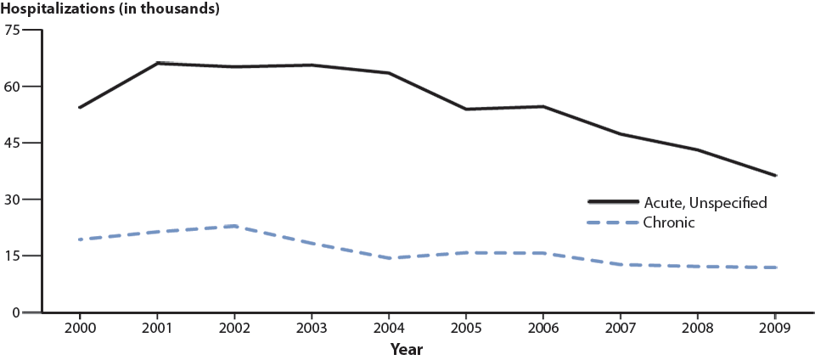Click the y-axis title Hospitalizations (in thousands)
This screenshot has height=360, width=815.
111,9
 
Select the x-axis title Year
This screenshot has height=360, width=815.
406,349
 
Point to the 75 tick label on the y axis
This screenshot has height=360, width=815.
11,30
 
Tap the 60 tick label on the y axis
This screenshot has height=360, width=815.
11,86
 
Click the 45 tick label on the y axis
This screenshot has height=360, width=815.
11,143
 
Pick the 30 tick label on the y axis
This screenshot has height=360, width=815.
11,200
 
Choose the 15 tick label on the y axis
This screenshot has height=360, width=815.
11,256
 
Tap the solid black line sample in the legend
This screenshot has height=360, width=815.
614,202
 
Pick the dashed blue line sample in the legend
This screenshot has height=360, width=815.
614,222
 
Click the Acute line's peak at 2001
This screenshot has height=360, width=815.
157,63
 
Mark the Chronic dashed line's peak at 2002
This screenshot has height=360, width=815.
234,226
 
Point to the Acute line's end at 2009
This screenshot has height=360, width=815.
775,176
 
